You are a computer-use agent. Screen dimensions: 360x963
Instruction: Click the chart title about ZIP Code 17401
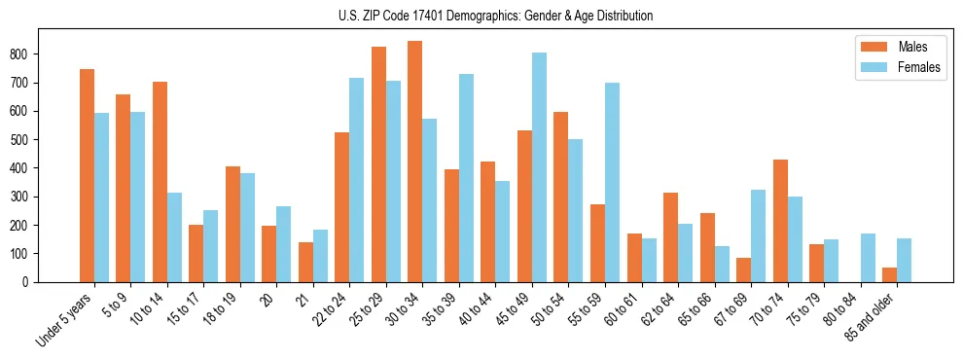coord(481,16)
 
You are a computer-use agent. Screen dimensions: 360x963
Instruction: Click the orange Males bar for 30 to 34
coord(415,162)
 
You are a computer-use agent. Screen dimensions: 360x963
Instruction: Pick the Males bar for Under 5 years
coord(87,175)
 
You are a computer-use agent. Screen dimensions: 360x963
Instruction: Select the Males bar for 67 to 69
coord(744,270)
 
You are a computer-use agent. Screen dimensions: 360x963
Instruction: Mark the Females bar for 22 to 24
coord(357,180)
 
